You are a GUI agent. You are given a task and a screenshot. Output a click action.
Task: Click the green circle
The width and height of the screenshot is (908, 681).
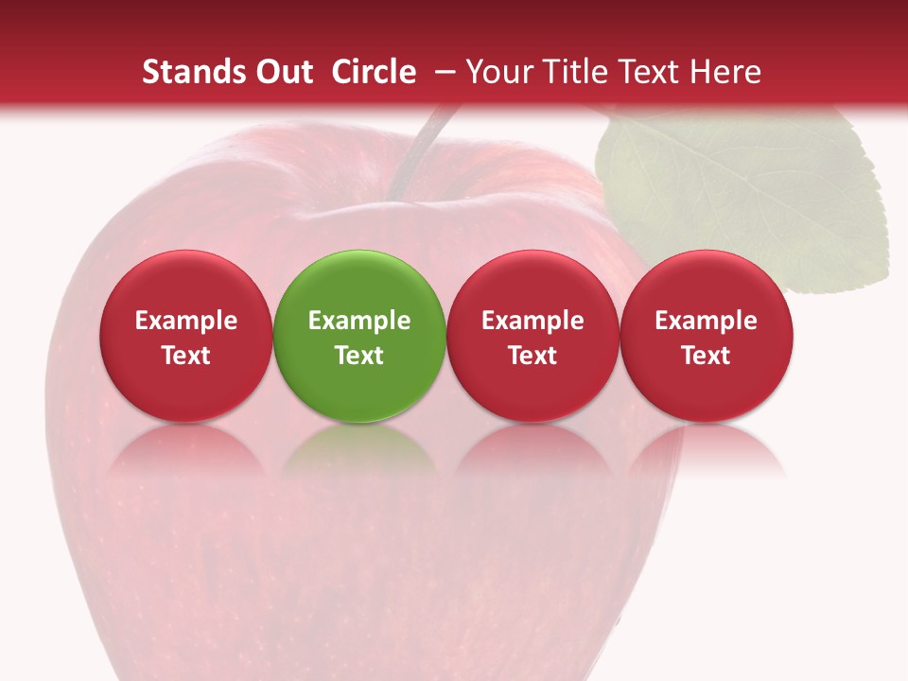click(359, 336)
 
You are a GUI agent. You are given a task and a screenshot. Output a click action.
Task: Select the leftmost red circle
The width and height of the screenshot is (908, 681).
click(186, 336)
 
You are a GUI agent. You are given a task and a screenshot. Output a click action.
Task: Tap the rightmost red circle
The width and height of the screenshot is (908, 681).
click(707, 336)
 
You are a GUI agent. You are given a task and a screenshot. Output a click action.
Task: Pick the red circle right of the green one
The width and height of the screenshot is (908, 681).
click(533, 336)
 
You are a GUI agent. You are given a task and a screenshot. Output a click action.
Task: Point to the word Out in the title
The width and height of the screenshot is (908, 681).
click(286, 72)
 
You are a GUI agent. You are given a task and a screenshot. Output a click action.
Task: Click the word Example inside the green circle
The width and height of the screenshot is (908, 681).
click(359, 321)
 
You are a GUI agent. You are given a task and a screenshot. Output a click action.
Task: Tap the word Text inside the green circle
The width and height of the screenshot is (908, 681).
click(359, 356)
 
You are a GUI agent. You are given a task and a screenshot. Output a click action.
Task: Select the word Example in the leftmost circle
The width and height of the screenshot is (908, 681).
click(186, 321)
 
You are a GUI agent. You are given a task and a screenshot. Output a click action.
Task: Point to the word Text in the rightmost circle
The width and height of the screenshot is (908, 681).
click(707, 356)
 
